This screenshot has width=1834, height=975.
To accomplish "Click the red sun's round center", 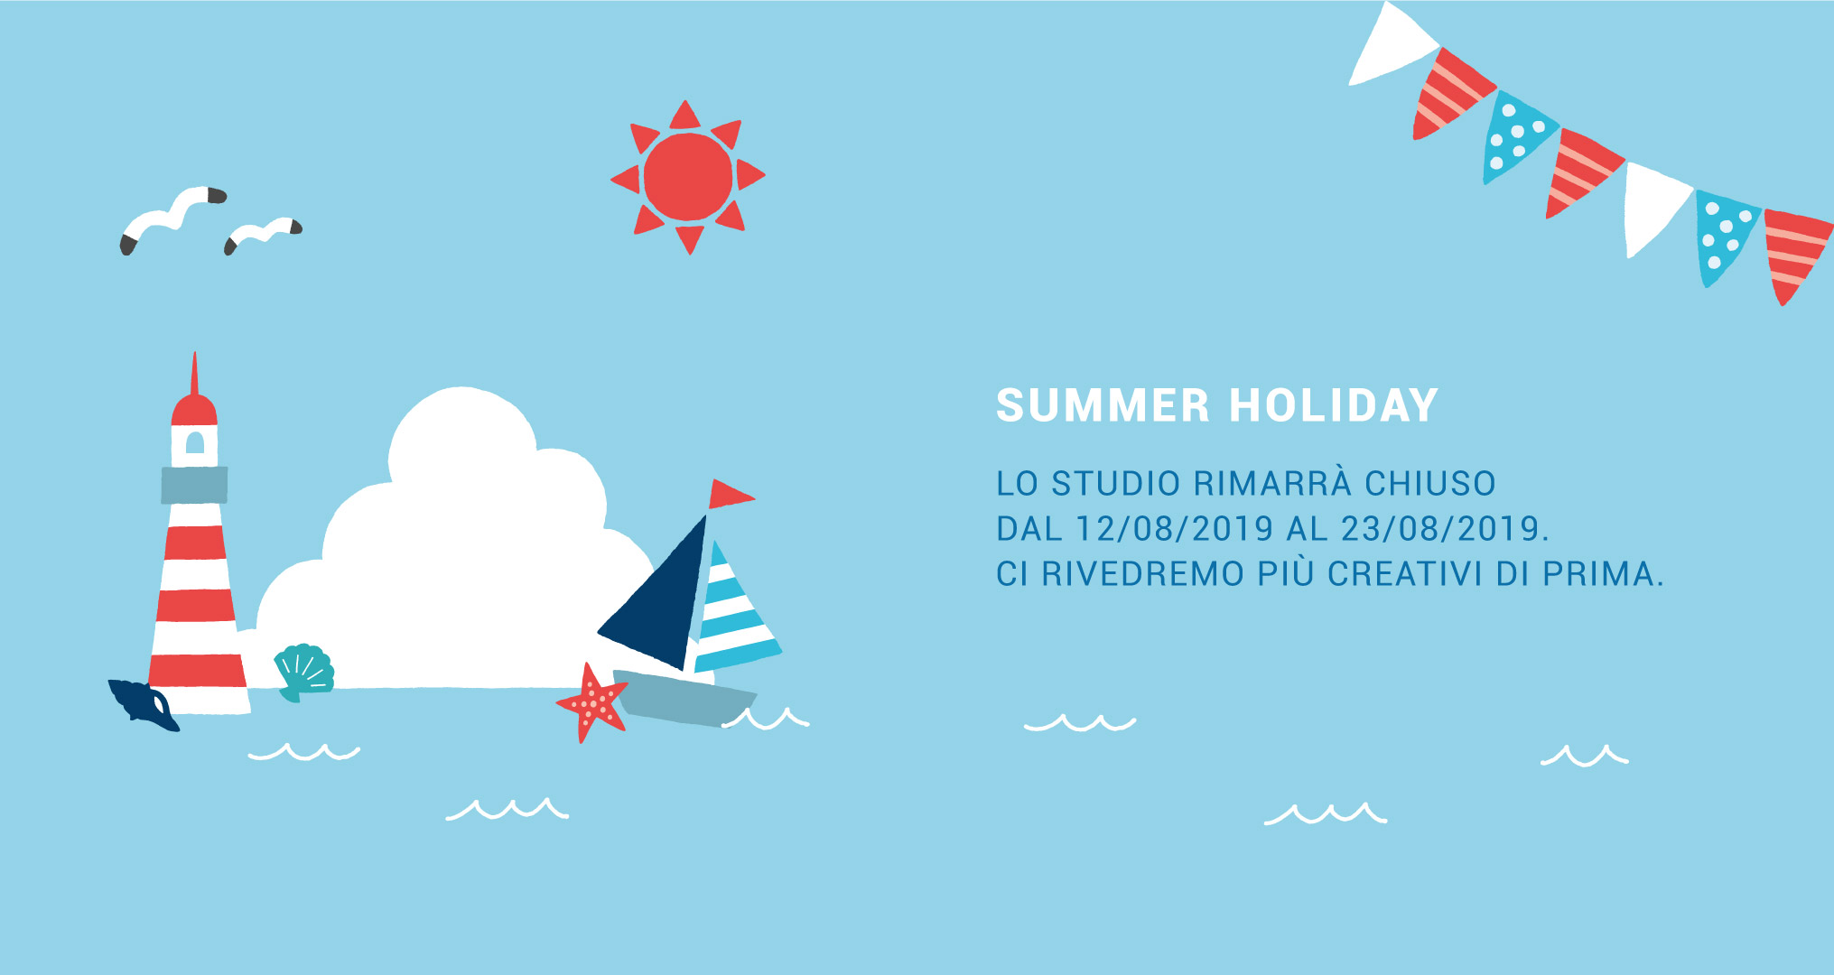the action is (688, 177).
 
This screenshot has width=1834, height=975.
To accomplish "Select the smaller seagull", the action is (263, 234).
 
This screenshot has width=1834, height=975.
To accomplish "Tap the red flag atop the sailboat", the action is (729, 494).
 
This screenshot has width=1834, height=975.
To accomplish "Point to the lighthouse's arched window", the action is (195, 441).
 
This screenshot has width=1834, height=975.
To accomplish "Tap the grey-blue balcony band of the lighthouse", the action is (194, 485).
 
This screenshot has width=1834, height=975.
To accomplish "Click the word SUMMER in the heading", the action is (1103, 405).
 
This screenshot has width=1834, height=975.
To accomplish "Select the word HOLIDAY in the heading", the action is (1334, 405).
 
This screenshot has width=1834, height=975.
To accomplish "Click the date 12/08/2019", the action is (1174, 528).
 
